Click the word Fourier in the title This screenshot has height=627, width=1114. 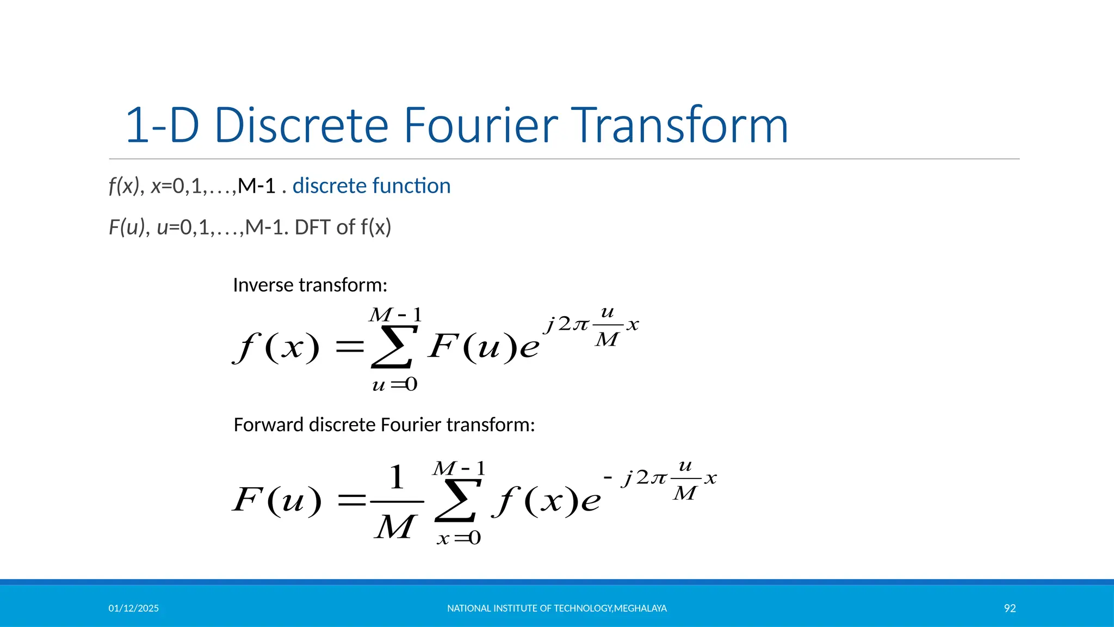pos(480,125)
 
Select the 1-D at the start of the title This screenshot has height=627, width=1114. pos(162,125)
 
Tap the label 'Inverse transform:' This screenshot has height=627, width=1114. pos(310,285)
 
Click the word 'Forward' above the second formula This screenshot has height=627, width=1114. pos(269,425)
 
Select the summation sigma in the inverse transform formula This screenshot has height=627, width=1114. pos(393,347)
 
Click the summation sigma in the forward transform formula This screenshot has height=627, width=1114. pos(457,501)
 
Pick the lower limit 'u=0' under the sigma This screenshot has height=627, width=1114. pos(395,385)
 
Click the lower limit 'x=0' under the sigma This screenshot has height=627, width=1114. pos(459,538)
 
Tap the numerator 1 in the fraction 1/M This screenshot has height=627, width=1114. pos(397,477)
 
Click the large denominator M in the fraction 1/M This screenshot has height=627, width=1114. pos(395,527)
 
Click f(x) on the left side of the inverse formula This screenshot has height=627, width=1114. pos(276,347)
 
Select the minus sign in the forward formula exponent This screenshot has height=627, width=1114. pos(608,478)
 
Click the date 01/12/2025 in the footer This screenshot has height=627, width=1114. pos(133,608)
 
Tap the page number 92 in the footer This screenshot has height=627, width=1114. pos(1010,608)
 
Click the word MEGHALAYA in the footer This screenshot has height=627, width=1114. pos(640,608)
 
